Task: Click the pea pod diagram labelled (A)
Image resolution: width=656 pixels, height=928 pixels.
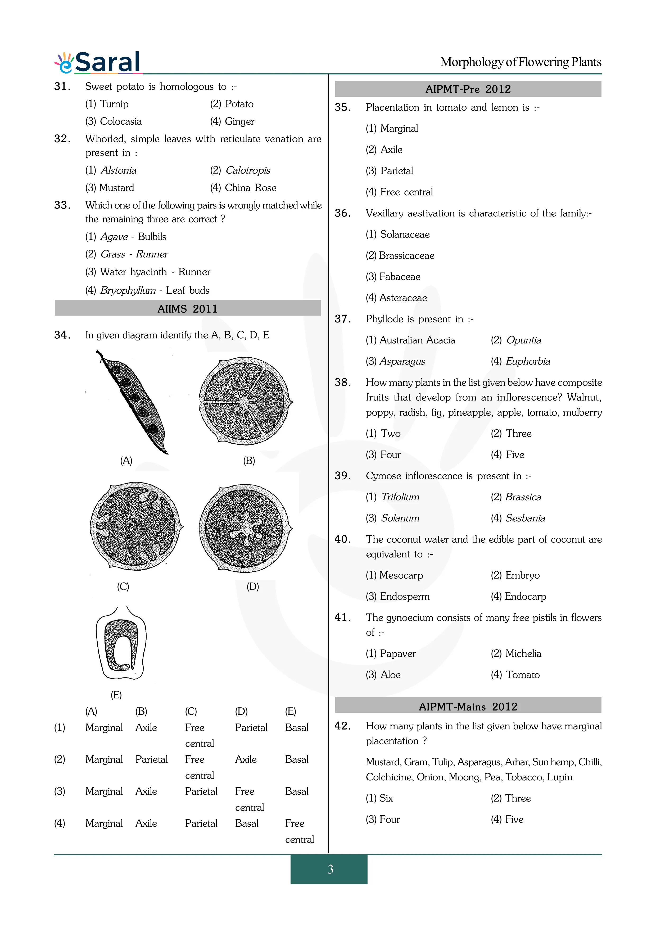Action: coord(133,402)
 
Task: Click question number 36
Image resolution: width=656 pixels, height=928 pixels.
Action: coord(342,213)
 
